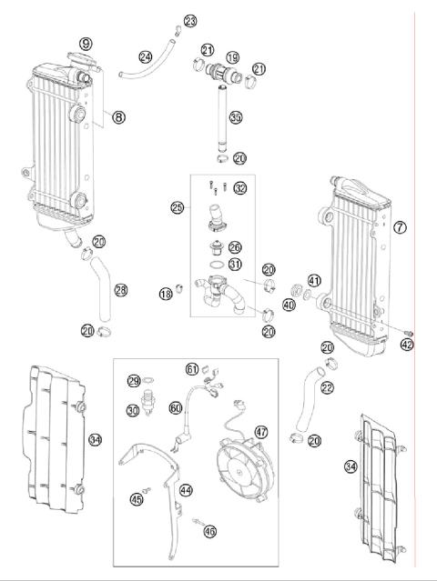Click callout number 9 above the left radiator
pos(86,43)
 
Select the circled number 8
pos(118,115)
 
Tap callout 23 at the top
pos(189,21)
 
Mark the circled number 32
pos(239,188)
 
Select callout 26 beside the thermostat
pos(234,246)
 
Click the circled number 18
pos(166,293)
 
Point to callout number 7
pos(400,226)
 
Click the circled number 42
pos(406,344)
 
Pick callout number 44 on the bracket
pos(185,490)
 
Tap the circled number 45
pos(137,498)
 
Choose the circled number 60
pos(176,409)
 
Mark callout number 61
pos(192,368)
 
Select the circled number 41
pos(314,280)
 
